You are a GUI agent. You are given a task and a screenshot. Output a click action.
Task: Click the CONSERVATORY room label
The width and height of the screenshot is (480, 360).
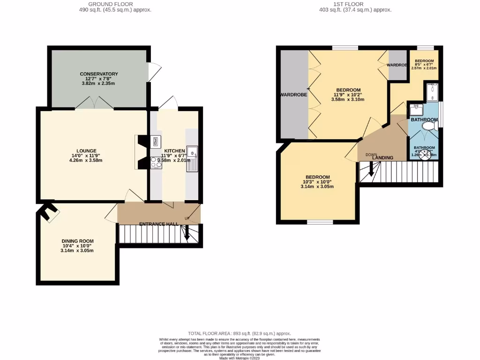point(98,74)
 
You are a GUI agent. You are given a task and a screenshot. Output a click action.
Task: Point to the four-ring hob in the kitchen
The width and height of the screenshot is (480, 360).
point(156,162)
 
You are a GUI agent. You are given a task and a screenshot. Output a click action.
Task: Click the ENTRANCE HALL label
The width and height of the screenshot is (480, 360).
point(158,225)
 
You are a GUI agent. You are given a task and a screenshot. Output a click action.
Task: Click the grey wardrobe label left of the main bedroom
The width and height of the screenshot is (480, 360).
point(293,95)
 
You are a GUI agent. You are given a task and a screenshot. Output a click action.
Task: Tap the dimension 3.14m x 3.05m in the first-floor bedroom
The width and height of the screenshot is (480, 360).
point(317,186)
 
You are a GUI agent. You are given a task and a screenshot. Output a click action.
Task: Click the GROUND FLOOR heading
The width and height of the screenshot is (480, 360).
point(115,4)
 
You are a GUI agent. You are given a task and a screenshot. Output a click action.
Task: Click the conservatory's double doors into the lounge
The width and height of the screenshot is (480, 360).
point(95,104)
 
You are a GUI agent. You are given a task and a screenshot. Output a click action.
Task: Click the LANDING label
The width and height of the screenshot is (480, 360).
point(382,158)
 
